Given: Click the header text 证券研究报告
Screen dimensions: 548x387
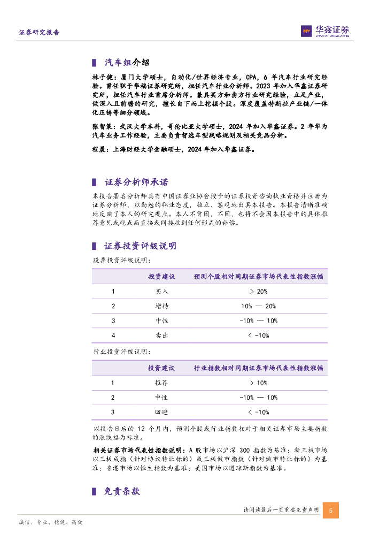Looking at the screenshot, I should coord(39,32).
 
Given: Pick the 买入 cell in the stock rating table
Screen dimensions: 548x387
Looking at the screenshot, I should coord(162,292).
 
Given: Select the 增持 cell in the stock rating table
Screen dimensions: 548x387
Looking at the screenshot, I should coord(162,306).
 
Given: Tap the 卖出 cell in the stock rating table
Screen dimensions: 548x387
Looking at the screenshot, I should coord(162,335).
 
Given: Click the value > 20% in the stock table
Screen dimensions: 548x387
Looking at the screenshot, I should coord(258,292).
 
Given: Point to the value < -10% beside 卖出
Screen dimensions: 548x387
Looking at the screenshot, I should coord(258,335).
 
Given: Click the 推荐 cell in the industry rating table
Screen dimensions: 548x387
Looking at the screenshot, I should coord(162,383).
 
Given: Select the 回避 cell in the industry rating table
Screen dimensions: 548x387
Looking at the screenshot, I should coord(162,412).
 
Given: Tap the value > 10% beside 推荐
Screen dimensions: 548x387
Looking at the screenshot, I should coord(258,383).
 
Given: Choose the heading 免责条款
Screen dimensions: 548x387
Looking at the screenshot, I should coord(122,491).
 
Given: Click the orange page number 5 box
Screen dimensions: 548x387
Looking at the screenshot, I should coord(330,511).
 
